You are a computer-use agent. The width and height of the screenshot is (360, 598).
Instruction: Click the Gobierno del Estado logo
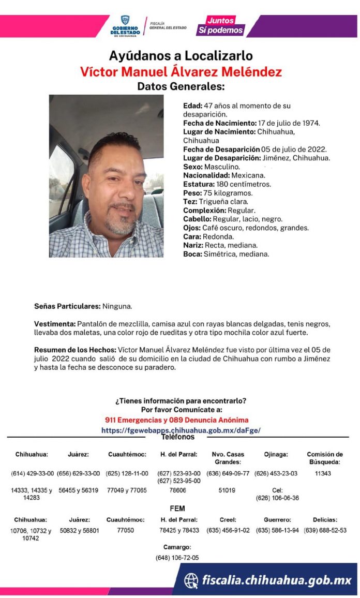tap(125, 25)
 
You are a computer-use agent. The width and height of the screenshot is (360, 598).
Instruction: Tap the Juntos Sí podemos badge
tap(220, 25)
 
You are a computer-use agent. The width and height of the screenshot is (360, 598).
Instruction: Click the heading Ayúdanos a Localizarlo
tap(181, 56)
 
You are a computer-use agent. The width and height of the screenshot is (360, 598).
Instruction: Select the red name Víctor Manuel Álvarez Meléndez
tap(181, 71)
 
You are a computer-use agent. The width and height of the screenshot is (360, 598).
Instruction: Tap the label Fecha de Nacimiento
tap(219, 123)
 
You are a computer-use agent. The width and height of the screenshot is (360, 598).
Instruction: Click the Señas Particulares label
tap(67, 306)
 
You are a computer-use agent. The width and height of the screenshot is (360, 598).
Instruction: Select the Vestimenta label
tap(55, 324)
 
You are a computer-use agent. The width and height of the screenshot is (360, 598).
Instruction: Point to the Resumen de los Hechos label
tap(76, 350)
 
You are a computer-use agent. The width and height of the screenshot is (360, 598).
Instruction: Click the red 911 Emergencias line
tap(176, 420)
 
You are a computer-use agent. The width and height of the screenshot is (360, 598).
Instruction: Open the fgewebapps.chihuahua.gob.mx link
tap(181, 430)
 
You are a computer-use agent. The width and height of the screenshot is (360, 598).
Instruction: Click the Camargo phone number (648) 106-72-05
tap(177, 558)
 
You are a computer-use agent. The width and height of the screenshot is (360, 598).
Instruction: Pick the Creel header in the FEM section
tap(228, 520)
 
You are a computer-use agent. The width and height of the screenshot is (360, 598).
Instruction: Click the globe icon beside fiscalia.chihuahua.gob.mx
tap(191, 580)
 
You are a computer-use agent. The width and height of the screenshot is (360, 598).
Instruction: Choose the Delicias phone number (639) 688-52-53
tap(325, 531)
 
